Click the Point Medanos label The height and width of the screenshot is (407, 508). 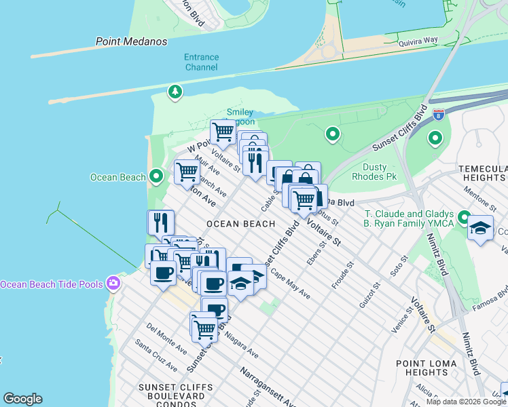tap(132, 41)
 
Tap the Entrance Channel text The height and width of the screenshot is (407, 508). tap(201, 62)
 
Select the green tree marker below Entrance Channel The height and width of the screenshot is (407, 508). tap(175, 92)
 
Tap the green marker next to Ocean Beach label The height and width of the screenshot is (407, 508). tap(156, 177)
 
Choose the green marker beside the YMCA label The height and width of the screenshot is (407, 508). tap(464, 218)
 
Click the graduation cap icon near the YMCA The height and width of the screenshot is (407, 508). tap(480, 229)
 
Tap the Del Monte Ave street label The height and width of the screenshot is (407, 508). tap(166, 338)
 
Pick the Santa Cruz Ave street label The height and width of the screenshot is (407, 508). tap(156, 356)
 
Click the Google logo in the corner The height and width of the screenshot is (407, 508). tap(22, 399)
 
